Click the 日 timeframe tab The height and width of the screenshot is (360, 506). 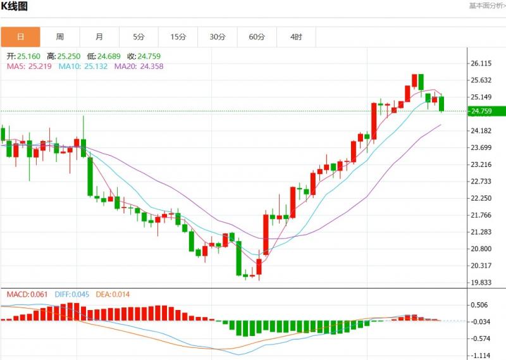click(20, 37)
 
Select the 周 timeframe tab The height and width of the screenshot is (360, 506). click(59, 37)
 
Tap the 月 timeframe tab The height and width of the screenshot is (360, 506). click(99, 37)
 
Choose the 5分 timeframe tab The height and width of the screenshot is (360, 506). click(139, 37)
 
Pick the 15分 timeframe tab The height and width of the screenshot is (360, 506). click(178, 37)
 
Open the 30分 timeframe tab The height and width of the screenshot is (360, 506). click(218, 37)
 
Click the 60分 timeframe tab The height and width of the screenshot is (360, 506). click(257, 37)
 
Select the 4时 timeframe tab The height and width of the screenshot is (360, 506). click(296, 37)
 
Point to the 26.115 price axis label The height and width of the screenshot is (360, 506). click(481, 63)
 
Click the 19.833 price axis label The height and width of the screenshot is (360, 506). click(481, 282)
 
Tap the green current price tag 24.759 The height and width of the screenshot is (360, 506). click(481, 111)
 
